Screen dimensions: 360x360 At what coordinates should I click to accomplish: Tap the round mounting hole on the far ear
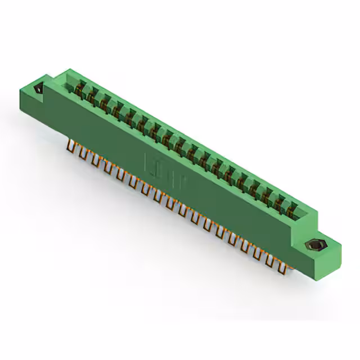(x=39, y=89)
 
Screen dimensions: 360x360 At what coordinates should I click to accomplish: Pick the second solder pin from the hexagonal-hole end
(x=268, y=259)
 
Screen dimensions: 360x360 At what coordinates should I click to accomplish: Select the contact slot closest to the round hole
(x=80, y=89)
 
